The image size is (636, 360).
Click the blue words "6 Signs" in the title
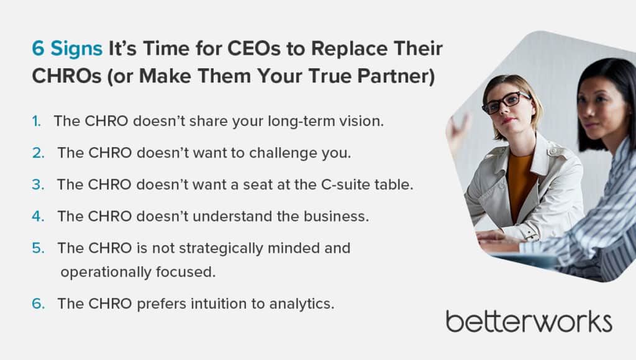point(67,49)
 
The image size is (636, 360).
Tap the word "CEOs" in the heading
point(254,48)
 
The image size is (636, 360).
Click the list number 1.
point(37,121)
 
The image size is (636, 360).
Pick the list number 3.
point(38,184)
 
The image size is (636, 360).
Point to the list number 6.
point(38,304)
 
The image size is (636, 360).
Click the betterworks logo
point(529,322)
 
